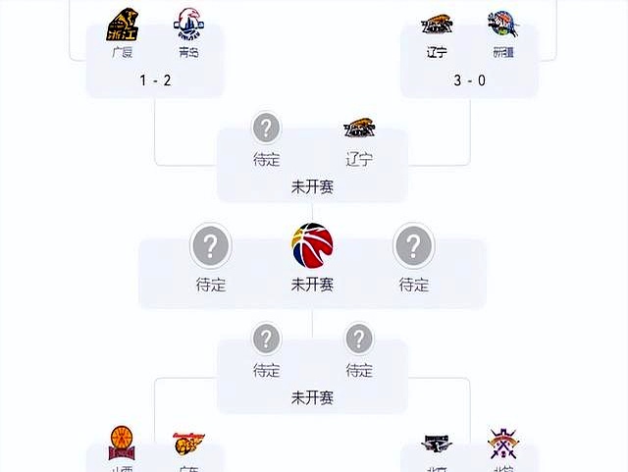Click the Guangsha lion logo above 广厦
coord(123,23)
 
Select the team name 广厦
coord(123,52)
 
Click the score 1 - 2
coord(154,79)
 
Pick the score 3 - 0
coord(469,79)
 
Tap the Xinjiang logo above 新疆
coord(502,25)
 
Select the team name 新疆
coord(502,52)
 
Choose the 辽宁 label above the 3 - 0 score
coord(437,52)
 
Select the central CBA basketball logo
coord(312,245)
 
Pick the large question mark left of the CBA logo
coord(210,245)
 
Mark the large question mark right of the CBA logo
coord(413,245)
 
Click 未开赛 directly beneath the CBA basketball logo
coord(312,286)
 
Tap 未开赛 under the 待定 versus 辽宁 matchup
coord(312,185)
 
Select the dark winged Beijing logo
coord(437,444)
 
